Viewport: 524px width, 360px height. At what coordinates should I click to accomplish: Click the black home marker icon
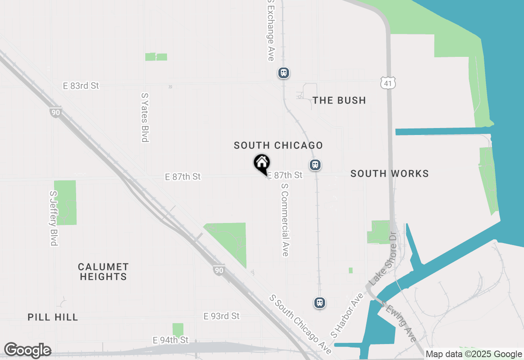[x=262, y=163]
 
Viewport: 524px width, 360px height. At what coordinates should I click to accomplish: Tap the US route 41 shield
[x=387, y=83]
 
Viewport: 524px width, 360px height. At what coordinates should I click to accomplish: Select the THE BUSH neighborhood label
[x=339, y=100]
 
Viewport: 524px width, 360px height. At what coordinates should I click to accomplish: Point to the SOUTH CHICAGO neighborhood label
[x=278, y=145]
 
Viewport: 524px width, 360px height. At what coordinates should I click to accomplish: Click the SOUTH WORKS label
[x=390, y=173]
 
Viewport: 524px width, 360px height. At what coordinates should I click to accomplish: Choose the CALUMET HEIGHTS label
[x=104, y=272]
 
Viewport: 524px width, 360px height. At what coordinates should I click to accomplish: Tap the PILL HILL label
[x=53, y=317]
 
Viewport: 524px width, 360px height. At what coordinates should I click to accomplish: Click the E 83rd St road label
[x=81, y=85]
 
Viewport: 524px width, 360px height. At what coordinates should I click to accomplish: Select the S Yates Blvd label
[x=145, y=117]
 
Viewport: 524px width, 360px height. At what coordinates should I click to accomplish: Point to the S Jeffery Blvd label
[x=53, y=218]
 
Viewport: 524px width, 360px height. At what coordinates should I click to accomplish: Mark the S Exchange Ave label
[x=271, y=30]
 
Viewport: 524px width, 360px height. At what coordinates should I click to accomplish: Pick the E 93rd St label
[x=221, y=316]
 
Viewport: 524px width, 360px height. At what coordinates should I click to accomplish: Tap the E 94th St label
[x=171, y=340]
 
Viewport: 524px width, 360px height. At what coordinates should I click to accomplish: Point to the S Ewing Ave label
[x=398, y=322]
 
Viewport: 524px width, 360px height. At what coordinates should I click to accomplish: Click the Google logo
[x=27, y=350]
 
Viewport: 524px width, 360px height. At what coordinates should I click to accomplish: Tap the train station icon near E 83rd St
[x=284, y=73]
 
